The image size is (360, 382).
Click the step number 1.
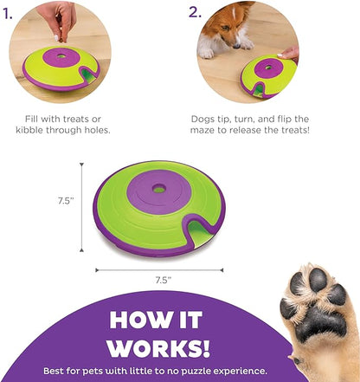pos(8,14)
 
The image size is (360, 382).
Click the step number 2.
pos(196,12)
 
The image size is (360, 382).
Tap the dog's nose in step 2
pos(236,45)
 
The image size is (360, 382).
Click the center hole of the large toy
pos(158,189)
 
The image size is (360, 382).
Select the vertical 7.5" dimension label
pos(66,201)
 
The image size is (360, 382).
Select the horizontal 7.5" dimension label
pos(164,280)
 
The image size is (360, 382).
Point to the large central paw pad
pos(321,322)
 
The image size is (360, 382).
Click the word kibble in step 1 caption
pos(30,130)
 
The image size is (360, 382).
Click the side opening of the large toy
pos(200,231)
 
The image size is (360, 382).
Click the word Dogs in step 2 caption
pos(202,119)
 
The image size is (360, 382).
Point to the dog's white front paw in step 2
pos(206,53)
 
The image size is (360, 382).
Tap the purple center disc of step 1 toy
pos(60,57)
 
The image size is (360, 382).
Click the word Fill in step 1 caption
pos(31,119)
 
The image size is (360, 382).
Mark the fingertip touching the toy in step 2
pos(280,55)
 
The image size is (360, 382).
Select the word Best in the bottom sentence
pos(53,371)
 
